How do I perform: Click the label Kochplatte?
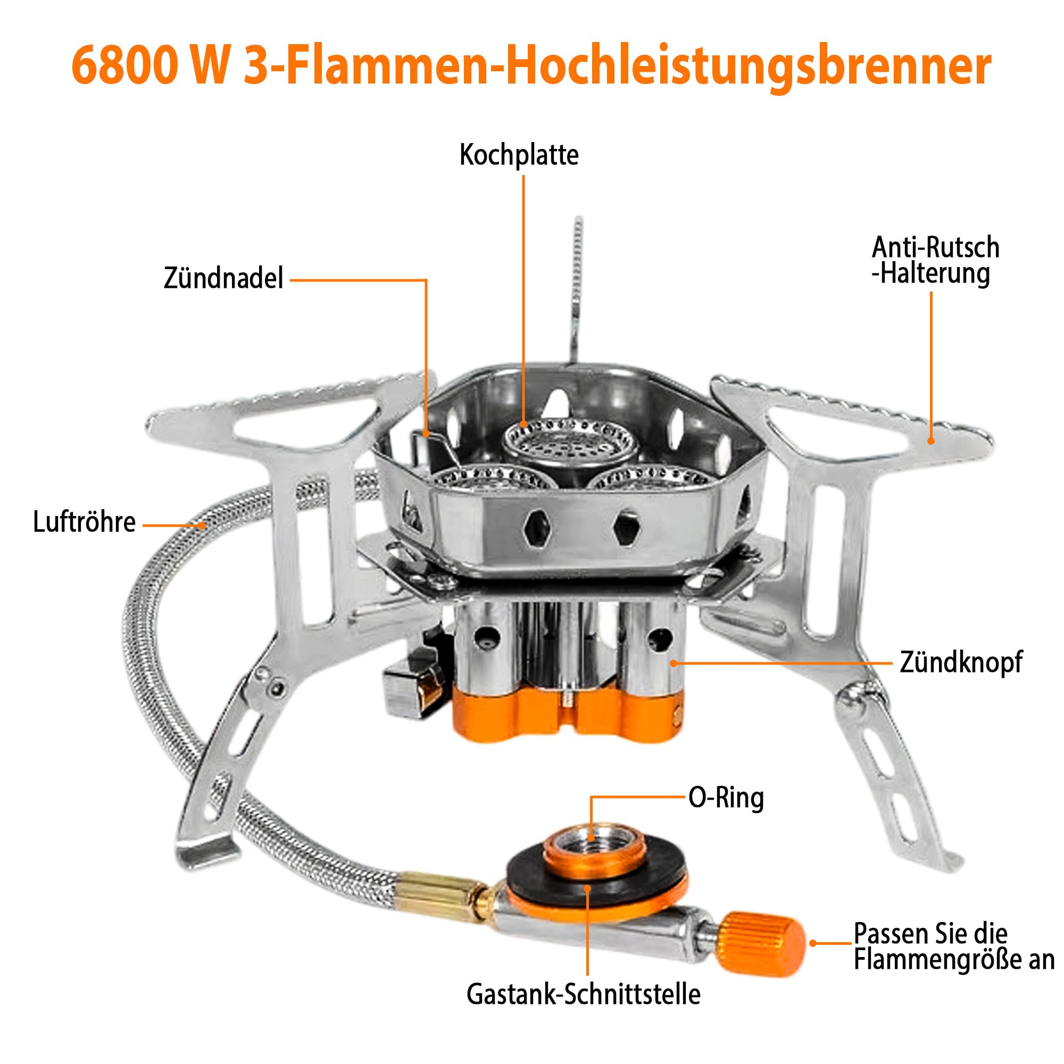pos(519,155)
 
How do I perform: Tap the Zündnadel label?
pos(223,278)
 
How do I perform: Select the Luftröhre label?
pos(84,521)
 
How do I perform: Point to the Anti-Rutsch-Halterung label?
pos(935,261)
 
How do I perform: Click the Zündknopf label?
pos(961,662)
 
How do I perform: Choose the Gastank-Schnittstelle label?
pos(583,995)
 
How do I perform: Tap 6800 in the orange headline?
pos(126,66)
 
